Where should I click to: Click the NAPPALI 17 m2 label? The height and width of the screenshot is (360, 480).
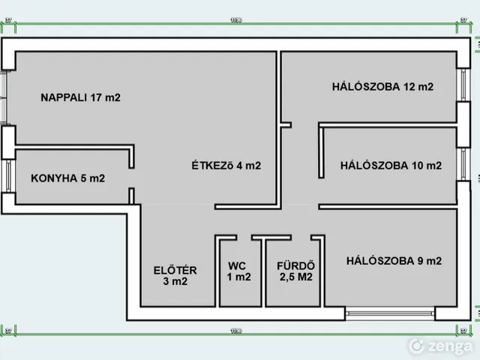click(80, 97)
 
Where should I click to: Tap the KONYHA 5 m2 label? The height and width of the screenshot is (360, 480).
click(67, 178)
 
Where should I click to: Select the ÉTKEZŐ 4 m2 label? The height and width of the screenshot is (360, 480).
click(226, 166)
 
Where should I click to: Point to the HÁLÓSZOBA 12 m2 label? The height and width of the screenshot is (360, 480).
click(382, 86)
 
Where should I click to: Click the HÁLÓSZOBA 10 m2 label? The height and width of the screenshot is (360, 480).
click(390, 166)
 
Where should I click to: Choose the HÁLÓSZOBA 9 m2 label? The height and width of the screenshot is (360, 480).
click(394, 261)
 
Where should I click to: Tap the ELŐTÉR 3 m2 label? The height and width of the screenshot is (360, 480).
click(175, 276)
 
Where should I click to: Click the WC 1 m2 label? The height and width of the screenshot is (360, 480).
click(238, 271)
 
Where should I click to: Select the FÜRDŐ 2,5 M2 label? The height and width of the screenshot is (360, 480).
click(295, 271)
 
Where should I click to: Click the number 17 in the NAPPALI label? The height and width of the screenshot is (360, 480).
click(97, 97)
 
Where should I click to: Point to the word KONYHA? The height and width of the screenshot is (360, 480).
click(54, 178)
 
